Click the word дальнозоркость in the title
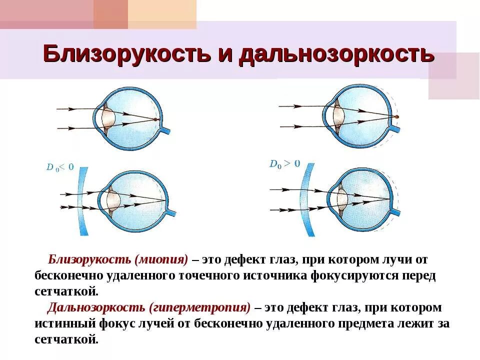[x=335, y=53]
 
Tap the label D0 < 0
[x=60, y=167]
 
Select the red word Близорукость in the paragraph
[x=90, y=260]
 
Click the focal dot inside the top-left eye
[x=156, y=119]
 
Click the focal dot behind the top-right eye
[x=396, y=116]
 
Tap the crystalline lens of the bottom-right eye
[x=342, y=198]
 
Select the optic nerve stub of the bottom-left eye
[x=171, y=213]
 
